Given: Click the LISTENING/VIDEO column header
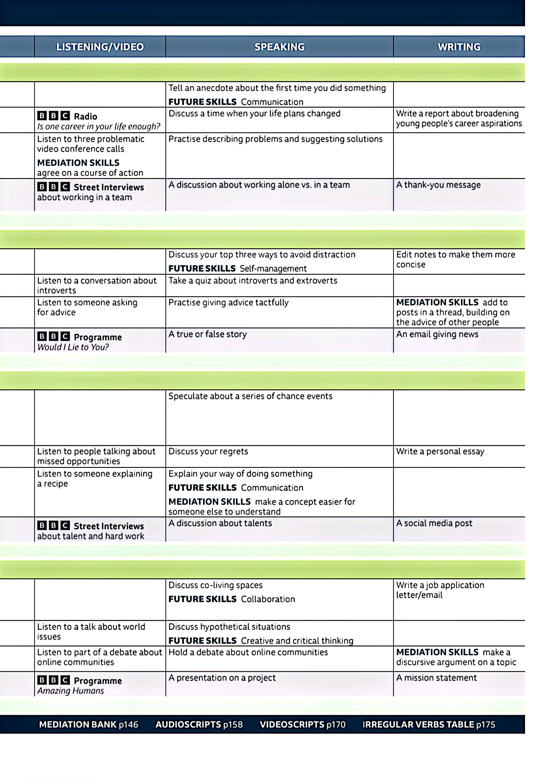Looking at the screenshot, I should (100, 47).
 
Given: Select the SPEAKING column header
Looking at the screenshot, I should (279, 47).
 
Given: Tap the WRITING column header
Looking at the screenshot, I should (459, 47).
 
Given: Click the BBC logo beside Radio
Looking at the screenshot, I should (53, 116).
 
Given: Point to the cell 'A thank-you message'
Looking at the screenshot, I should (438, 185).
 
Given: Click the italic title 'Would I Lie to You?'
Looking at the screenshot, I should (73, 347).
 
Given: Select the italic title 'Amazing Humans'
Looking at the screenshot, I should (71, 691).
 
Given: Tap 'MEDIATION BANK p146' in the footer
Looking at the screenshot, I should (89, 724).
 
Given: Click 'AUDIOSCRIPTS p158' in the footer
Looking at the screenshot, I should (199, 724).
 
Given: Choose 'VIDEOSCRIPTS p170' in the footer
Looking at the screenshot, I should (302, 724).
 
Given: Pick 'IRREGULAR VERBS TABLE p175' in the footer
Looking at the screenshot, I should (429, 724).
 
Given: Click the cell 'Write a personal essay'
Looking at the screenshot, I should (440, 451).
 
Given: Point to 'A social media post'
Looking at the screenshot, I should (434, 523).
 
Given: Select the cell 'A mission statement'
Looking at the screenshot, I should (436, 678).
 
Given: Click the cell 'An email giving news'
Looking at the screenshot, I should (437, 334).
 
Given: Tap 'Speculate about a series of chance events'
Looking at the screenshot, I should (250, 396).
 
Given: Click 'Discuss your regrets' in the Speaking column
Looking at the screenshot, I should (208, 451).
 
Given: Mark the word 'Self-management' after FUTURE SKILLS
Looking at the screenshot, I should (273, 269).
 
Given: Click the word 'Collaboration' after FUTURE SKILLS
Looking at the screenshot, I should (268, 599).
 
